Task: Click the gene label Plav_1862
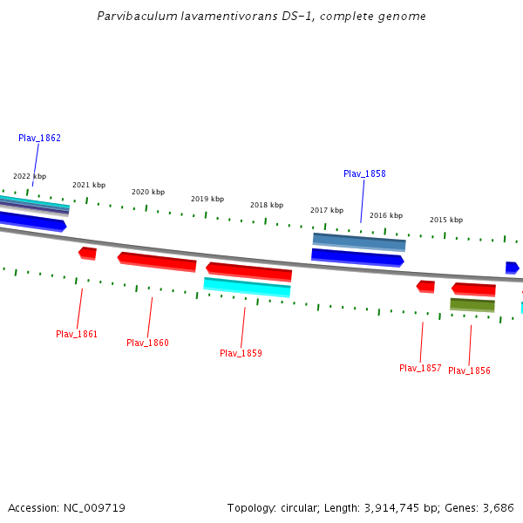pyautogui.click(x=39, y=138)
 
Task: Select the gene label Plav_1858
pyautogui.click(x=364, y=173)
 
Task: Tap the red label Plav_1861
pyautogui.click(x=77, y=334)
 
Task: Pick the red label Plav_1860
pyautogui.click(x=147, y=343)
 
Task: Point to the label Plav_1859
pyautogui.click(x=241, y=353)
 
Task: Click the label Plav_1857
pyautogui.click(x=420, y=368)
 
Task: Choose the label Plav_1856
pyautogui.click(x=469, y=370)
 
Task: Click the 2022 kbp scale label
pyautogui.click(x=30, y=176)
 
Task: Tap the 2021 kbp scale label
pyautogui.click(x=89, y=185)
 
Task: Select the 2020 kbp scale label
pyautogui.click(x=148, y=192)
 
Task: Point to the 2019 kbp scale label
pyautogui.click(x=207, y=199)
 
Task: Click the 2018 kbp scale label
pyautogui.click(x=267, y=205)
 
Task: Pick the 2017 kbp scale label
pyautogui.click(x=326, y=210)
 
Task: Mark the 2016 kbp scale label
pyautogui.click(x=386, y=215)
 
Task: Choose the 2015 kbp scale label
pyautogui.click(x=446, y=220)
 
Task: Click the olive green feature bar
pyautogui.click(x=472, y=304)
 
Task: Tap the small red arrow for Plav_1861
pyautogui.click(x=87, y=253)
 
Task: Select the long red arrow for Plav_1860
pyautogui.click(x=157, y=261)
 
